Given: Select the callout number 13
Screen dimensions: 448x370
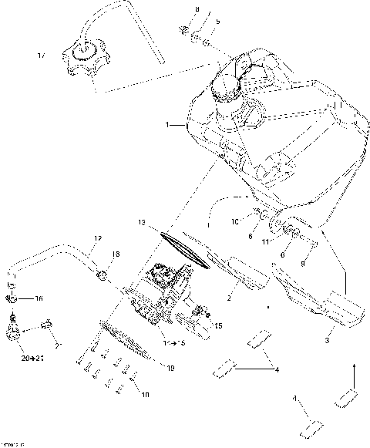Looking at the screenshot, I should point(142,223).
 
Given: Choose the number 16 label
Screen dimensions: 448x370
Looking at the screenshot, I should point(39,298).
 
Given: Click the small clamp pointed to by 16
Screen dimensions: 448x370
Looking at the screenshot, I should point(14,298).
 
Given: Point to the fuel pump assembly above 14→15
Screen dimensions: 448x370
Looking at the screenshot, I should point(166,297).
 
